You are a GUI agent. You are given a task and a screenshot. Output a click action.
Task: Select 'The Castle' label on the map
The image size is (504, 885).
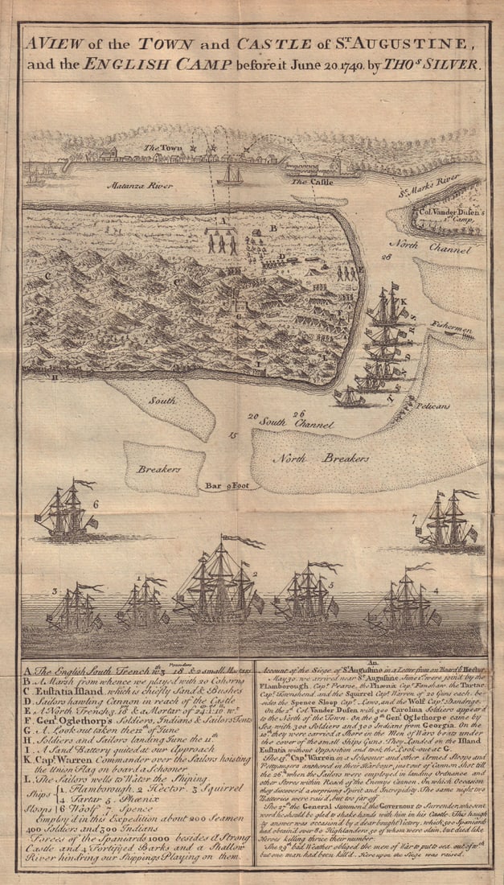pos(308,182)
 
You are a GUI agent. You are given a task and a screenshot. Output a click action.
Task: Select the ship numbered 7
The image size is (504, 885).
pos(448,524)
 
